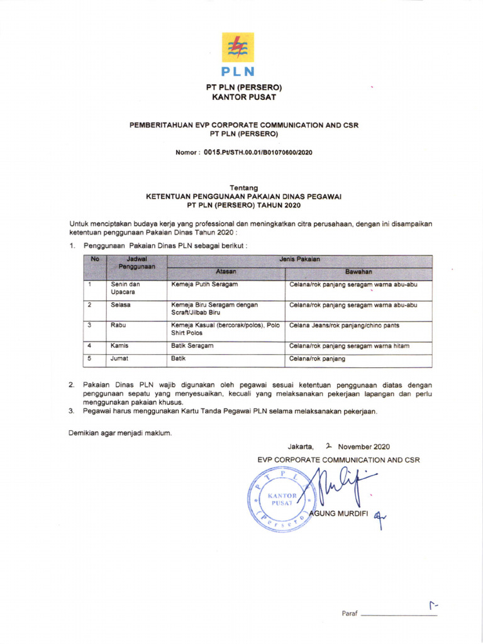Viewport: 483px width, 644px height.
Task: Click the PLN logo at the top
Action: pyautogui.click(x=238, y=54)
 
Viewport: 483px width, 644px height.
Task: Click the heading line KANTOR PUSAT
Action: pyautogui.click(x=243, y=97)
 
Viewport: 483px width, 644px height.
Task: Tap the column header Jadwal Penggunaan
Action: pyautogui.click(x=136, y=263)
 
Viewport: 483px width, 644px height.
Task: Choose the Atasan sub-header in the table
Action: pyautogui.click(x=226, y=272)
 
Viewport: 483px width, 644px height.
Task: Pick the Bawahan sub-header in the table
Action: pyautogui.click(x=358, y=272)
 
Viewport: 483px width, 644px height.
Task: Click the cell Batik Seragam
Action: pyautogui.click(x=192, y=347)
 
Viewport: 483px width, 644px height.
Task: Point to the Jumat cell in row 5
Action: pyautogui.click(x=119, y=359)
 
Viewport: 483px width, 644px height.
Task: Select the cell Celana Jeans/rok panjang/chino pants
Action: pyautogui.click(x=344, y=326)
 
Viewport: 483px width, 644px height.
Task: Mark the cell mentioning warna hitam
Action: pyautogui.click(x=353, y=347)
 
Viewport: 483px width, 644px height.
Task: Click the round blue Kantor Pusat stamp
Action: pyautogui.click(x=282, y=500)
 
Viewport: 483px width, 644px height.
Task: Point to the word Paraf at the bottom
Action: pyautogui.click(x=349, y=613)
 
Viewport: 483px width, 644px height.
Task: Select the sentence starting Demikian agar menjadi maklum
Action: pyautogui.click(x=119, y=432)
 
